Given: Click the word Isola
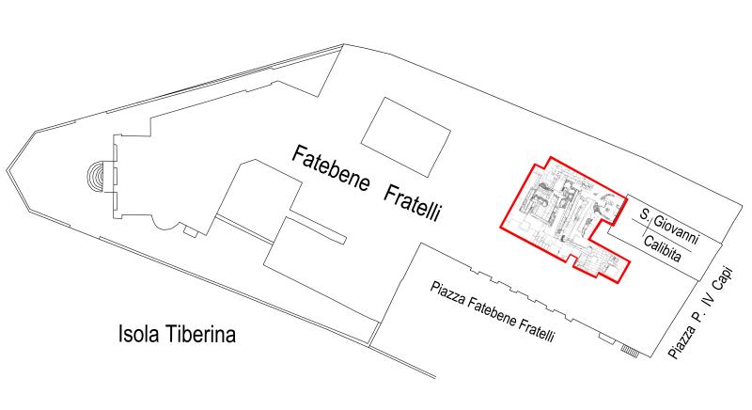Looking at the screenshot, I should click(139, 334).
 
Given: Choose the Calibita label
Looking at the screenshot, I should click(669, 249).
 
